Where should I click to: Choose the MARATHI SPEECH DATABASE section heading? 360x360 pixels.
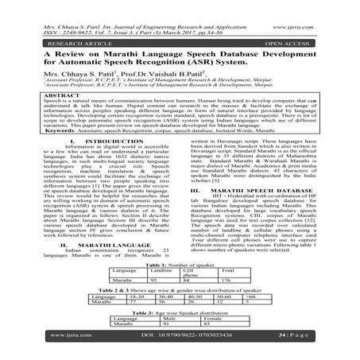(263, 191)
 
